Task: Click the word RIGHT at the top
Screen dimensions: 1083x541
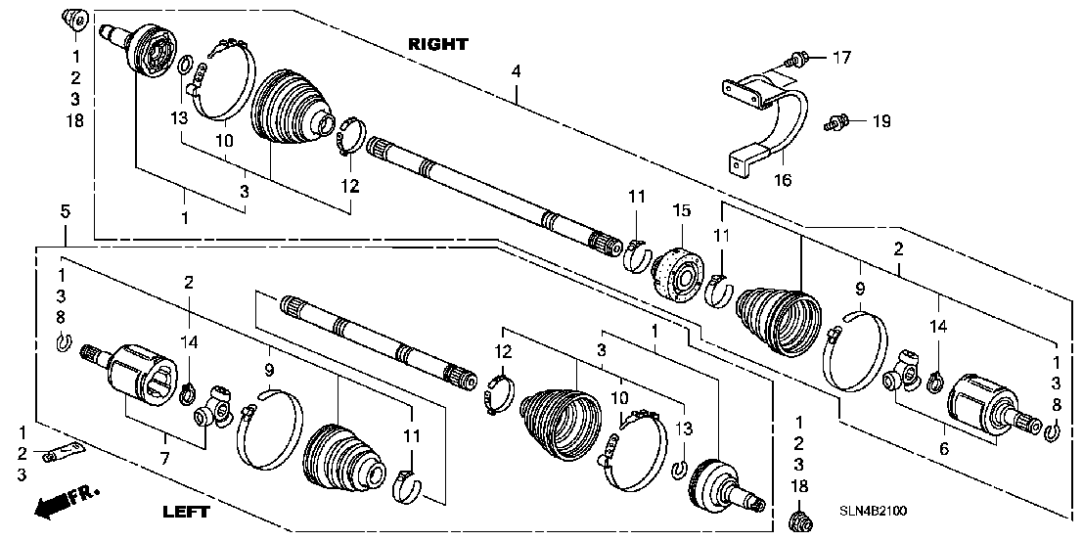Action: pyautogui.click(x=438, y=44)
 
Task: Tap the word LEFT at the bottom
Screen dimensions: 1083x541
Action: pyautogui.click(x=186, y=512)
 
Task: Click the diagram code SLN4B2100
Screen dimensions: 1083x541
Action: pyautogui.click(x=873, y=511)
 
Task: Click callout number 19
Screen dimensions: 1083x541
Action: pyautogui.click(x=880, y=122)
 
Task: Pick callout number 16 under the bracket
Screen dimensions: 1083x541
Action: pyautogui.click(x=783, y=180)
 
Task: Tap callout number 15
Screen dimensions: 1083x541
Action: pyautogui.click(x=683, y=210)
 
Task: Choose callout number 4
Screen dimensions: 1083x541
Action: pyautogui.click(x=516, y=70)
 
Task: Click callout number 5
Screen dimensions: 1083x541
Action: pyautogui.click(x=65, y=211)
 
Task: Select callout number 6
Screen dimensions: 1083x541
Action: pyautogui.click(x=943, y=448)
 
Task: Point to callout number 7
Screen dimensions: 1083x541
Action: pyautogui.click(x=165, y=458)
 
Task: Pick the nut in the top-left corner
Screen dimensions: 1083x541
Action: pyautogui.click(x=74, y=19)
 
